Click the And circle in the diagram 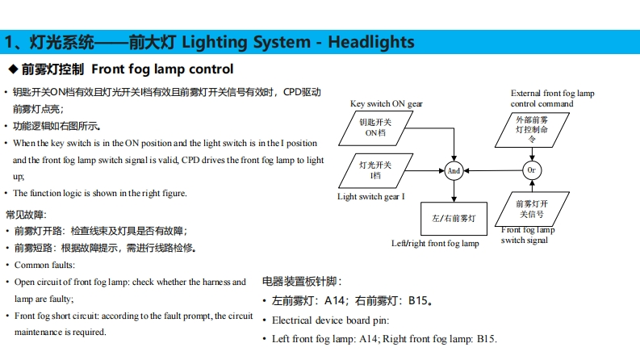click(454, 171)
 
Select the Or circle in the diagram click(530, 171)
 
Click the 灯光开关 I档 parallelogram click(375, 170)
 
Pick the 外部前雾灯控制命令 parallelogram click(531, 128)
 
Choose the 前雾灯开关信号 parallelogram click(531, 210)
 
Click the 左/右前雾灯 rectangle click(453, 218)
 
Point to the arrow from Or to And click(492, 171)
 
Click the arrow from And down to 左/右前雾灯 click(454, 190)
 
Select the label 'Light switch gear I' click(371, 196)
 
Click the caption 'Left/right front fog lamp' click(435, 243)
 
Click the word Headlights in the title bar click(371, 42)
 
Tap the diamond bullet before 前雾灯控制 click(12, 69)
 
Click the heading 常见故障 click(27, 215)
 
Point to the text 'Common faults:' click(44, 265)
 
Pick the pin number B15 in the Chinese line click(417, 301)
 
